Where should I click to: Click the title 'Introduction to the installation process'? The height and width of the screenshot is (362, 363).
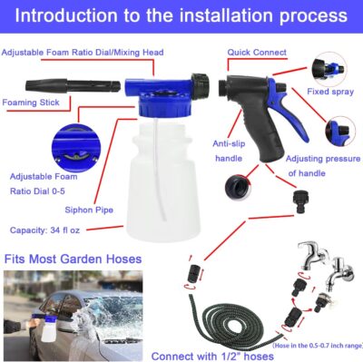point(181,15)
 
